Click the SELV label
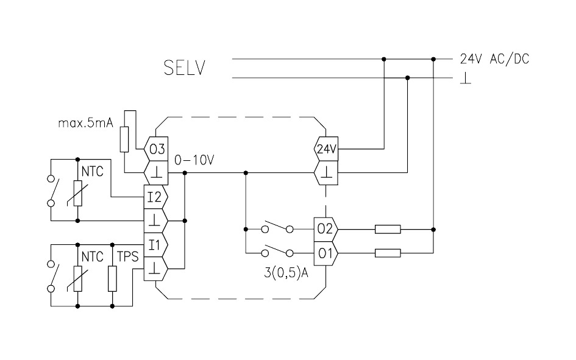coord(184,68)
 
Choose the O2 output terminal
coord(325,230)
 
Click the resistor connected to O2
coord(387,230)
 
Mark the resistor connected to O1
coord(387,253)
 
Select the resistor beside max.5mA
coord(125,139)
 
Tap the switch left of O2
coord(277,230)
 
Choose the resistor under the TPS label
coord(113,277)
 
